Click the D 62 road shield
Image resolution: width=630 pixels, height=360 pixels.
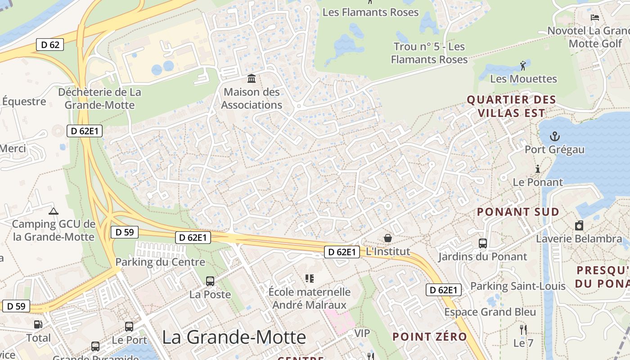click(x=50, y=45)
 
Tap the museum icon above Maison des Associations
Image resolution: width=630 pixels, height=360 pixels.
click(x=252, y=79)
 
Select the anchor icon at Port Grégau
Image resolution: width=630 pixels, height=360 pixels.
click(x=555, y=135)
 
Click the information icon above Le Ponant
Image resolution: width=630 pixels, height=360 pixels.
click(x=537, y=169)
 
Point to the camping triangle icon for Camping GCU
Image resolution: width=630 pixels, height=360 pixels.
click(x=53, y=211)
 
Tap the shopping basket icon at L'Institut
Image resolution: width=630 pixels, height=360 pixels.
click(x=387, y=238)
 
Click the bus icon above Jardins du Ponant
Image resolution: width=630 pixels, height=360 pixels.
click(x=483, y=243)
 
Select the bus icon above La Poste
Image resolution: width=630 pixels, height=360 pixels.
click(x=210, y=281)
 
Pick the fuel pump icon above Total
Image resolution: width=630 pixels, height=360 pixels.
click(x=38, y=324)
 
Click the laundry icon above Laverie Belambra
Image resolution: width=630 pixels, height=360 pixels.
click(x=579, y=225)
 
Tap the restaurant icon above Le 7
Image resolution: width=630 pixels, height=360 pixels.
click(x=523, y=329)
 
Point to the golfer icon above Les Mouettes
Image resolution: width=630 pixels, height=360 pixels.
click(x=523, y=66)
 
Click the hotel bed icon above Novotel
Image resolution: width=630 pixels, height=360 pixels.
click(x=595, y=18)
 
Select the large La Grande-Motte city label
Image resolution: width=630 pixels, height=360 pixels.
click(x=234, y=337)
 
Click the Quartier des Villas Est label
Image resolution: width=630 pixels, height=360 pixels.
click(x=512, y=106)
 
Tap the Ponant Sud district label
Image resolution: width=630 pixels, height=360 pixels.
click(x=518, y=211)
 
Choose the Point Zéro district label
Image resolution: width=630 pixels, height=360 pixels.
click(x=429, y=337)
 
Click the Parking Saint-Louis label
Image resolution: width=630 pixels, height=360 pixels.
click(x=517, y=286)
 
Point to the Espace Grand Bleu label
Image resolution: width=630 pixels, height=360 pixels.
click(x=490, y=312)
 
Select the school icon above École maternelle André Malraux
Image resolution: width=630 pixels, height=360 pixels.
click(x=309, y=279)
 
